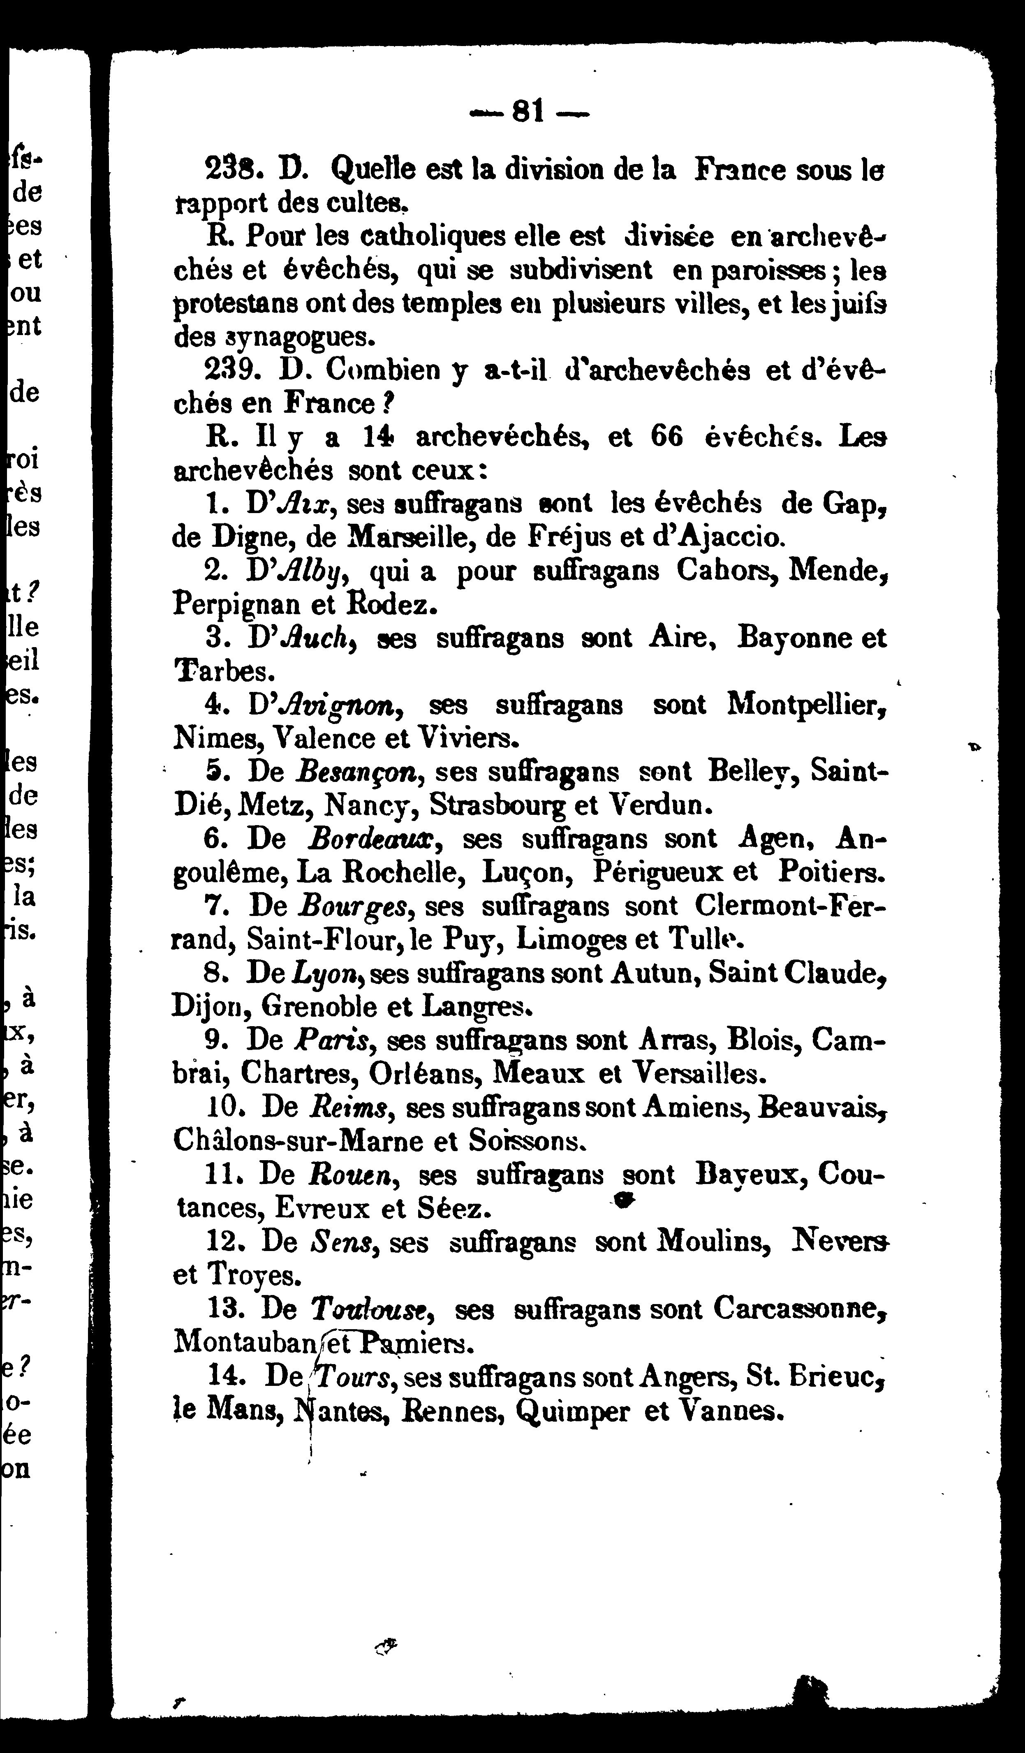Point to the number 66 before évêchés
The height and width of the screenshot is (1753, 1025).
point(666,437)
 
